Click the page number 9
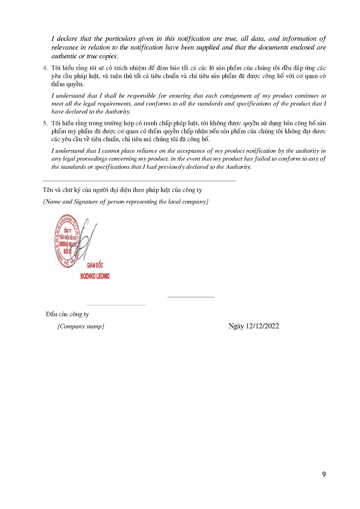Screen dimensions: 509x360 pyautogui.click(x=324, y=475)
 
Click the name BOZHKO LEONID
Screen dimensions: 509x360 pyautogui.click(x=95, y=276)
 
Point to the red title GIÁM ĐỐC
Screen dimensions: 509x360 pyautogui.click(x=95, y=265)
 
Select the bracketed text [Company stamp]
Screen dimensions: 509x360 pyautogui.click(x=81, y=326)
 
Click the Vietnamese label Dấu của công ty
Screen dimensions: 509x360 pyautogui.click(x=67, y=314)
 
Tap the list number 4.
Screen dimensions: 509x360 pyautogui.click(x=45, y=68)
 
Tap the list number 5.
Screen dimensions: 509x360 pyautogui.click(x=45, y=123)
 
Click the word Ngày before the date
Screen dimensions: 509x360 pyautogui.click(x=236, y=326)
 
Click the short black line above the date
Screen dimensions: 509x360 pyautogui.click(x=191, y=297)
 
